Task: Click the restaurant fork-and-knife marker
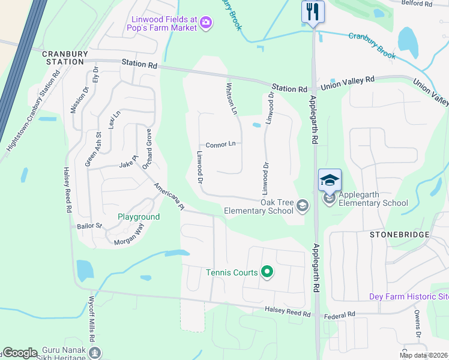(x=313, y=11)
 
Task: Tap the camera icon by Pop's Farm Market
(x=206, y=23)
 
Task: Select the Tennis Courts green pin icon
(x=268, y=272)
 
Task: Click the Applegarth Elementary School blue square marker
(x=330, y=180)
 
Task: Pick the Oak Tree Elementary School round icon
(x=303, y=206)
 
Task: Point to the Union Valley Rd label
(x=348, y=79)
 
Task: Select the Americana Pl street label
(x=169, y=196)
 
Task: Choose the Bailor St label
(x=90, y=227)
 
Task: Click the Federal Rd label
(x=340, y=314)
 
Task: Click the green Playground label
(x=139, y=217)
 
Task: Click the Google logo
(x=20, y=353)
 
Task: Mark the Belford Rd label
(x=417, y=4)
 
